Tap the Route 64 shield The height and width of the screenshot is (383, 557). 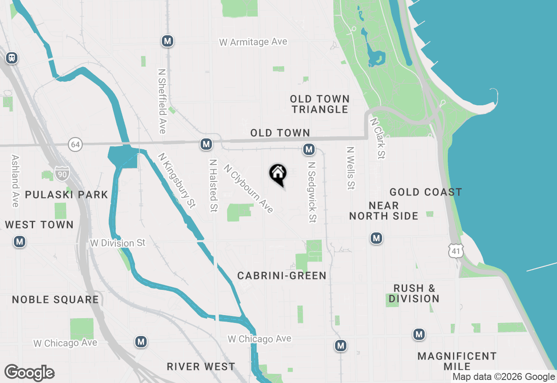[x=75, y=144]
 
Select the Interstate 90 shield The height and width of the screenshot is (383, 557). [x=62, y=173]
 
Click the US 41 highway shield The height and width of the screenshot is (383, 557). [x=457, y=251]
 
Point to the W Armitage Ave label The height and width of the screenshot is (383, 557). [x=253, y=42]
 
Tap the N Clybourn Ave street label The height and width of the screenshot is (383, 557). [x=248, y=188]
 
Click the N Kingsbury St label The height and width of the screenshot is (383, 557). [x=177, y=179]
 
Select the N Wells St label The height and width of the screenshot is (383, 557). [x=350, y=168]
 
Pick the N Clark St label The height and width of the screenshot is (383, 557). [x=377, y=138]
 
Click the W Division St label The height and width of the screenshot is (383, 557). [x=117, y=242]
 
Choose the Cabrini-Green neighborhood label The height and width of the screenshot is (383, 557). [x=282, y=275]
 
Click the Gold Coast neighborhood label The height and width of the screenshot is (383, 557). [x=426, y=192]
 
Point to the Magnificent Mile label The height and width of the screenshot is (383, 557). [x=457, y=361]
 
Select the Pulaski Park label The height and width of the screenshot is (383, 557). [x=67, y=195]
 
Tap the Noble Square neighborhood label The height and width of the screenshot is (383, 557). [x=55, y=299]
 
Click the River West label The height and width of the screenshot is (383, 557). [x=201, y=366]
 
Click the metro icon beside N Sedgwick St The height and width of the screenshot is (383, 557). [x=309, y=150]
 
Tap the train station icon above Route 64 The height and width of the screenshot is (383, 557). [x=12, y=57]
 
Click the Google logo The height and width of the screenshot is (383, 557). [x=30, y=373]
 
